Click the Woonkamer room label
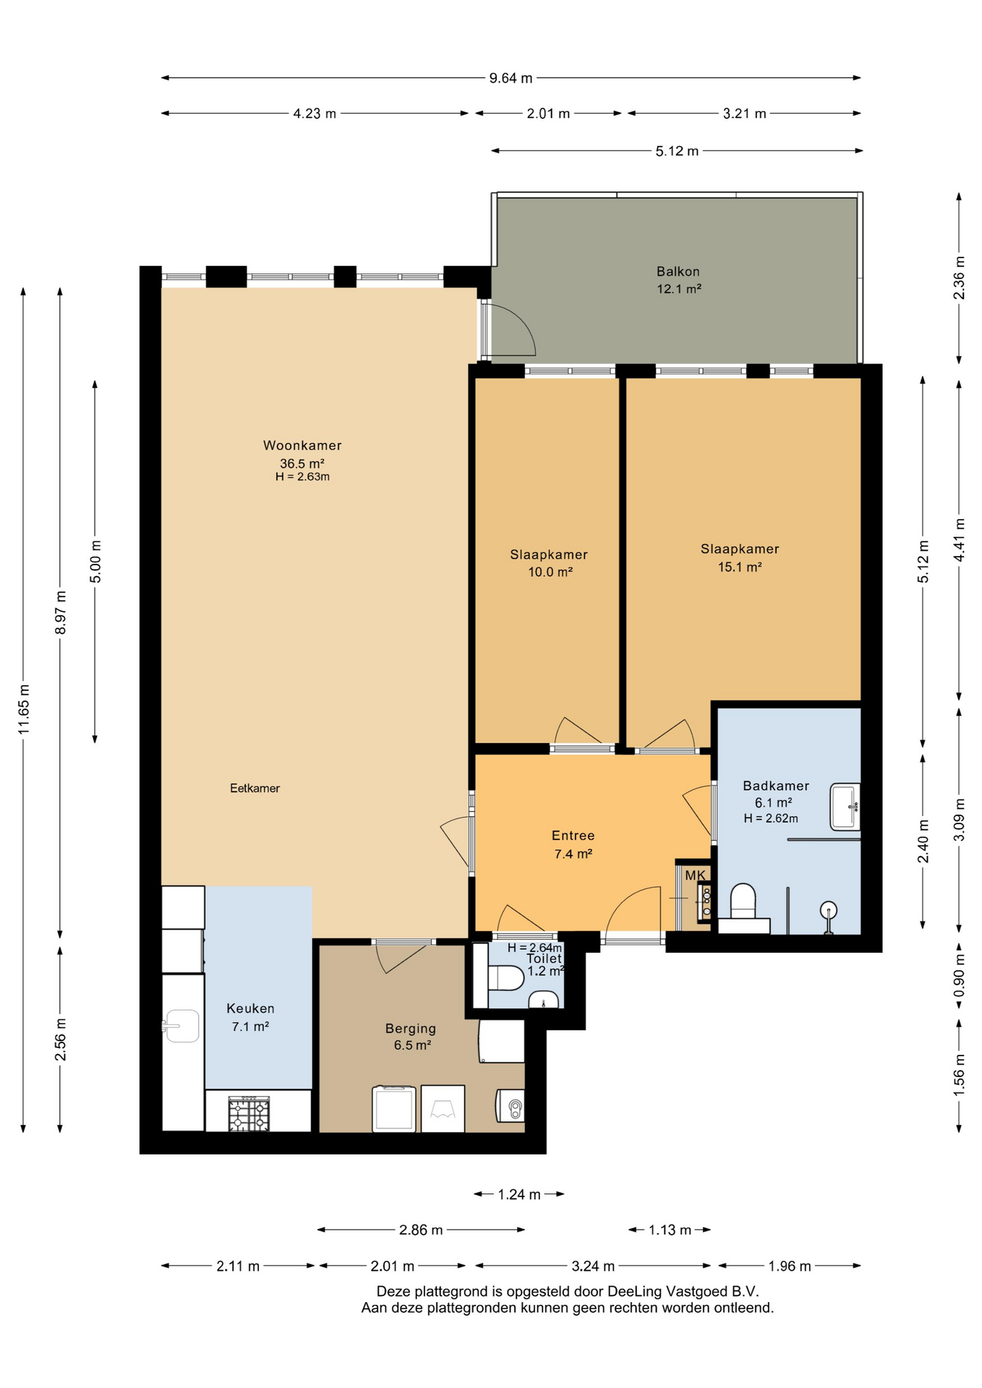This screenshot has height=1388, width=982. point(302,445)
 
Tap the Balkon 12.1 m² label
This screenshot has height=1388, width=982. point(678,280)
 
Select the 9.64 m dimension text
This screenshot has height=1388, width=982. point(511,78)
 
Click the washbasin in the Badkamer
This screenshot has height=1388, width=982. point(845,806)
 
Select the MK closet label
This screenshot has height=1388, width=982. point(695,875)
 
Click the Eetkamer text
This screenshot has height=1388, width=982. point(255,788)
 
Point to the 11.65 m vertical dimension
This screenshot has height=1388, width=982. point(24,709)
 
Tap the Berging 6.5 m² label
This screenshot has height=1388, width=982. point(411,1037)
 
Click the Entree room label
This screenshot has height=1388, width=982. point(573,836)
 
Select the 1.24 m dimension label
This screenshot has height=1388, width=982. point(519,1194)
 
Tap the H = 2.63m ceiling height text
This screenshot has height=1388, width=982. point(302,477)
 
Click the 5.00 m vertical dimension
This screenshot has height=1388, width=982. point(95,561)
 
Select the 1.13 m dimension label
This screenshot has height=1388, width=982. point(670,1230)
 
